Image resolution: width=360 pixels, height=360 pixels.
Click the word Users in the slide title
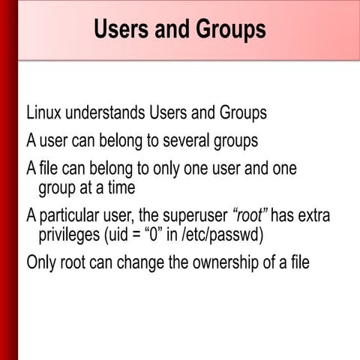121,29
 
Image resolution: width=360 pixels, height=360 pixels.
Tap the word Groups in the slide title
229,29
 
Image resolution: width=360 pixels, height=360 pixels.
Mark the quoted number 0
163,236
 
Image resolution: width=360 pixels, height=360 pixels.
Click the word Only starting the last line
43,263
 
